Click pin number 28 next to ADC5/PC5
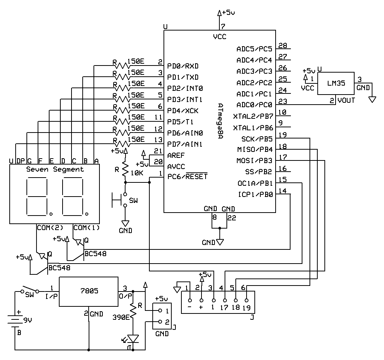point(283,46)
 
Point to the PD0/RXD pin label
point(183,66)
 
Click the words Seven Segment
point(55,169)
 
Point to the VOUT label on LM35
point(346,101)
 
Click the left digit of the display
point(36,197)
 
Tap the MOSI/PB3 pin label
point(254,161)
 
